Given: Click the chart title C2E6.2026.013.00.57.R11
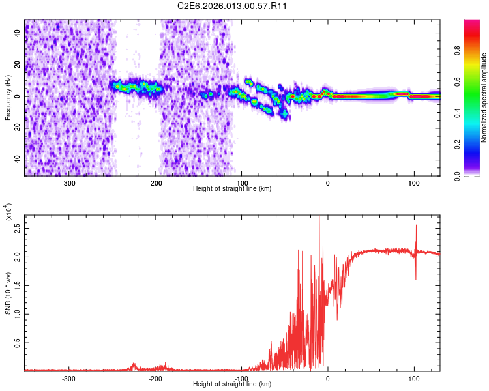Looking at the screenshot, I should (x=233, y=6).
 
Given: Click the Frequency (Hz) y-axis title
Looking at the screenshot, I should (x=8, y=98).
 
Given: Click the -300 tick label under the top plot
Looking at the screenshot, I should (x=69, y=182).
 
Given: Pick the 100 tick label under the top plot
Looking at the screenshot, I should (x=413, y=182).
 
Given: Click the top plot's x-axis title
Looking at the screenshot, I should (x=232, y=189).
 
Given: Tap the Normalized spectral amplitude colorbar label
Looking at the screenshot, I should (x=484, y=98).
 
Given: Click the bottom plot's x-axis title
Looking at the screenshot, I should (x=232, y=384).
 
